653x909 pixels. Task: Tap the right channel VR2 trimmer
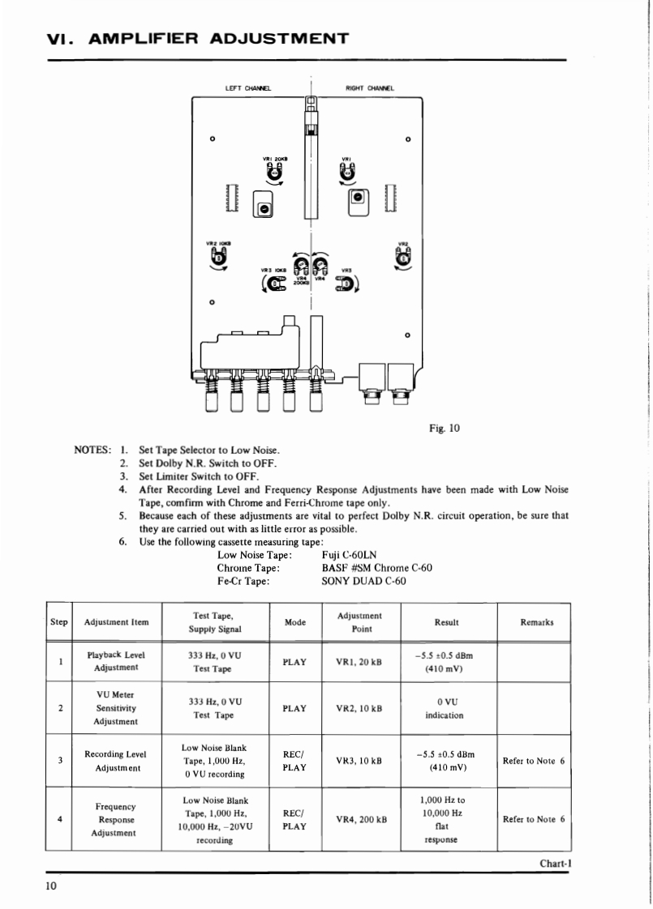403,257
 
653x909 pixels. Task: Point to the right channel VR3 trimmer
345,283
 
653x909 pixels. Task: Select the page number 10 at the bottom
51,886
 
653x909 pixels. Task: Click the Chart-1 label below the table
556,863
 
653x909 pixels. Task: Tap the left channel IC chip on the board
229,198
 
